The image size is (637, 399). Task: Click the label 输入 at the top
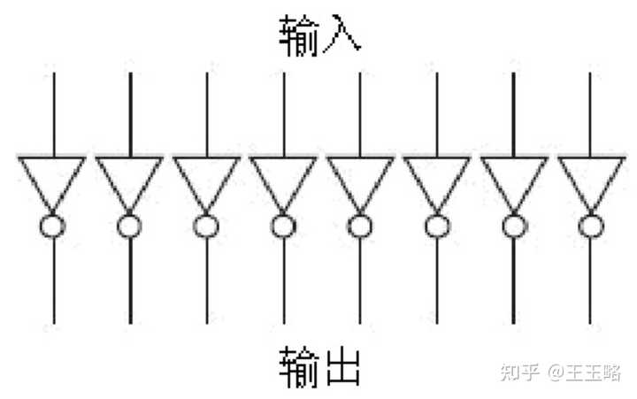(319, 35)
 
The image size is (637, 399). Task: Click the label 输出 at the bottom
(319, 367)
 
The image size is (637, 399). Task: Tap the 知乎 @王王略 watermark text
(561, 372)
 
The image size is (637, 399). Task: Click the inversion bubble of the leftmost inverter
(40, 226)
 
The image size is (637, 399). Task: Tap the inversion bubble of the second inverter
(118, 226)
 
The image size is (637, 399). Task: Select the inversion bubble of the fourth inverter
(272, 226)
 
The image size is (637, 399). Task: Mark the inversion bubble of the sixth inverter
(426, 226)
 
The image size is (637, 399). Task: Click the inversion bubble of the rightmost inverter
(579, 226)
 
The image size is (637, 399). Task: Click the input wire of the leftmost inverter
(54, 114)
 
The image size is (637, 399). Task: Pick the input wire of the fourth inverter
(284, 114)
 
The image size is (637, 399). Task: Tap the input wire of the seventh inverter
(513, 114)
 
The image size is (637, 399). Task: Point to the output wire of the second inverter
(130, 280)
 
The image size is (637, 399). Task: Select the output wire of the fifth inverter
(360, 280)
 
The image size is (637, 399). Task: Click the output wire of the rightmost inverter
(590, 280)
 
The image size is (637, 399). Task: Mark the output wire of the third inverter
(207, 280)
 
